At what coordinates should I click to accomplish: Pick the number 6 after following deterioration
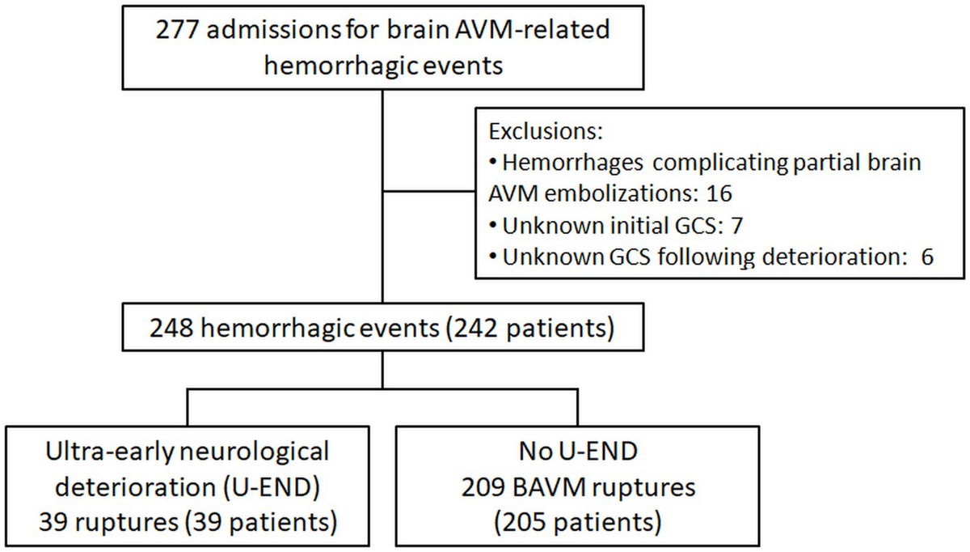click(x=926, y=257)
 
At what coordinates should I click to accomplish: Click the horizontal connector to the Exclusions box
click(x=428, y=193)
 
